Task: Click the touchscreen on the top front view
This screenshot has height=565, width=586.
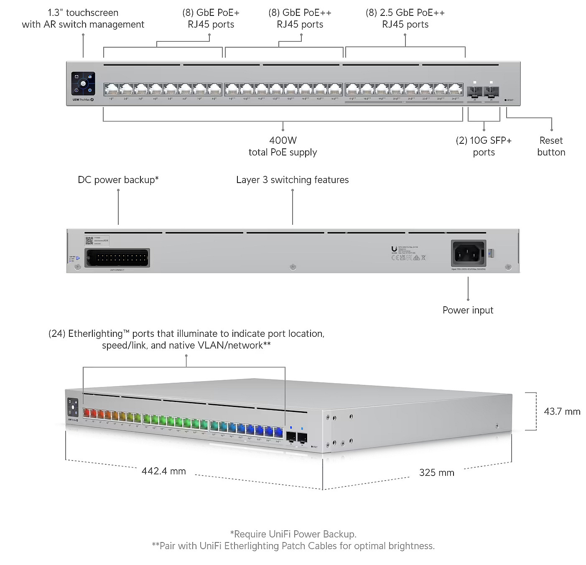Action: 83,84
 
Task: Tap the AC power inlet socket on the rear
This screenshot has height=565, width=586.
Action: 468,253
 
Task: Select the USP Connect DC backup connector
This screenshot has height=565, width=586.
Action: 117,258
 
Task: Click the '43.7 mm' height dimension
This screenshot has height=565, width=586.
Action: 562,412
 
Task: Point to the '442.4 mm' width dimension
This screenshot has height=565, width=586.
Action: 163,471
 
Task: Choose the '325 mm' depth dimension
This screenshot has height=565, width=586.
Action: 436,473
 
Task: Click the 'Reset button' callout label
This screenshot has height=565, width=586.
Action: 551,146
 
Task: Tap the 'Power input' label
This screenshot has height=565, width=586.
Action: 468,310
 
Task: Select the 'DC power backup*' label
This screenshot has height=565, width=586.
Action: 118,180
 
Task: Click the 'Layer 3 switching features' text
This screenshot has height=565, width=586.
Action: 292,180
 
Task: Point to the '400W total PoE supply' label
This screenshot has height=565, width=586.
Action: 283,146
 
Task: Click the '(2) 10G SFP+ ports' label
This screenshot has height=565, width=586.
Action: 484,146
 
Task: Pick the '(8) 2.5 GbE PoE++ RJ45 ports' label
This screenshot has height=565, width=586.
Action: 405,18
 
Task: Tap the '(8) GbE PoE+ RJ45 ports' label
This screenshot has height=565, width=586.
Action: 211,18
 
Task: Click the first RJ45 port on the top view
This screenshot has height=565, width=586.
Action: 111,89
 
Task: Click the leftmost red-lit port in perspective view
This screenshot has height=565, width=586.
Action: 87,414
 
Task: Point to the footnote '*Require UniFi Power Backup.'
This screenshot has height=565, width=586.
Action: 293,534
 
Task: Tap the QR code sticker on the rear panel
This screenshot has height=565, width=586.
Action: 89,241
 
